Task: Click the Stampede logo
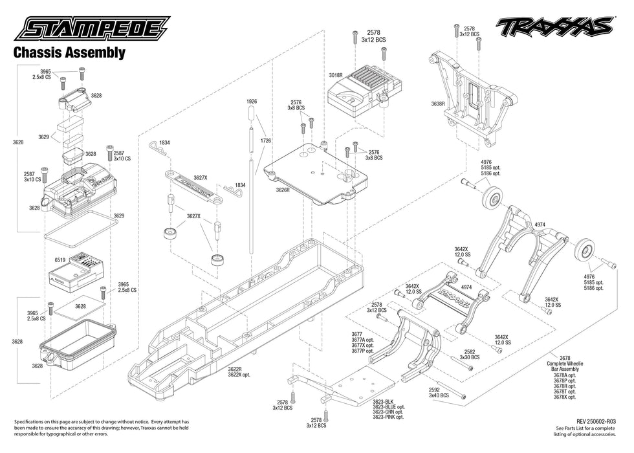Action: point(96,29)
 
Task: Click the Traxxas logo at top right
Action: point(554,26)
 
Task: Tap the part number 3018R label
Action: point(335,76)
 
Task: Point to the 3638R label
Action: point(438,104)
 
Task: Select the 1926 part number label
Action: point(252,102)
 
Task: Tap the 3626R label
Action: point(282,190)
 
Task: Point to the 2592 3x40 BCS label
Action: point(439,393)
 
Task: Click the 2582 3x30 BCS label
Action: point(469,354)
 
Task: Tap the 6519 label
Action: point(60,260)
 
